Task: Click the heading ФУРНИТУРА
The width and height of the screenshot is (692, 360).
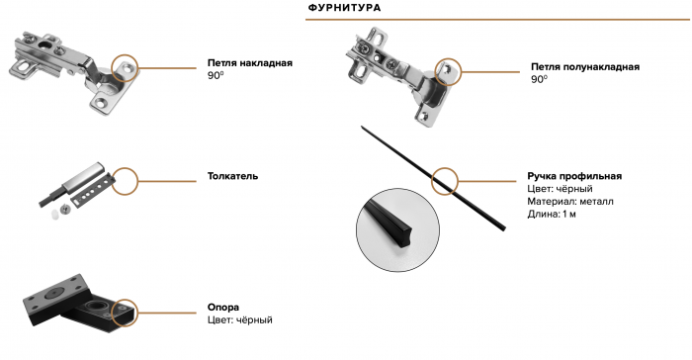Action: click(x=345, y=8)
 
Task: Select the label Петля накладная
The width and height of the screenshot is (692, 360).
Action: click(x=249, y=62)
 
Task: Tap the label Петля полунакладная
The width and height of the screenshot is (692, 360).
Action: click(x=584, y=66)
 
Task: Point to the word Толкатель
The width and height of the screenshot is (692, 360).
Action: click(x=232, y=176)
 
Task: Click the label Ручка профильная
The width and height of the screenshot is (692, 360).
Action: click(x=574, y=176)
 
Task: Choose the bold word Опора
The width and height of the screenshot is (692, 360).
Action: click(x=223, y=308)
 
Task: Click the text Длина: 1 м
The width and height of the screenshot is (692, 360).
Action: click(x=552, y=214)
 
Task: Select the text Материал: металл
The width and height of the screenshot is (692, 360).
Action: click(x=570, y=201)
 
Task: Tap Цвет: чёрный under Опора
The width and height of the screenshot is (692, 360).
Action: click(x=239, y=320)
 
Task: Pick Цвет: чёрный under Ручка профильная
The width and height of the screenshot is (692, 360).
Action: click(x=559, y=189)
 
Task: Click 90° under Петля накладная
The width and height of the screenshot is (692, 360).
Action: click(x=216, y=75)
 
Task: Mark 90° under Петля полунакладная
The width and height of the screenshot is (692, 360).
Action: click(x=538, y=79)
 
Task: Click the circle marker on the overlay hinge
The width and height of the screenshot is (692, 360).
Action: click(x=126, y=68)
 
